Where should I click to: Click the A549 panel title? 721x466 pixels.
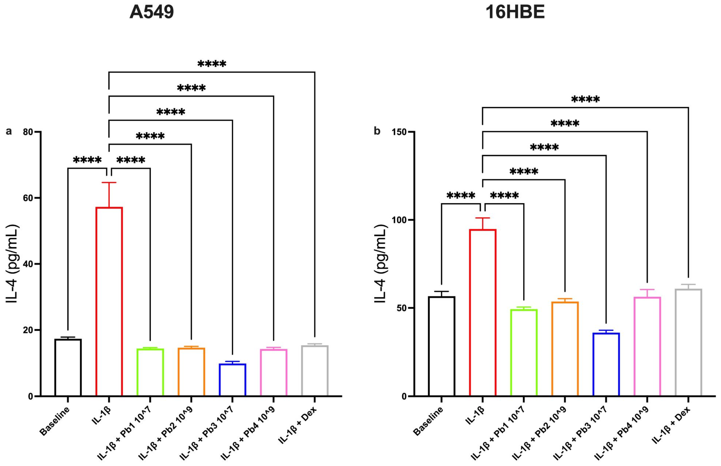click(x=152, y=13)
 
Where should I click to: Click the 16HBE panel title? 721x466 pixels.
click(x=515, y=13)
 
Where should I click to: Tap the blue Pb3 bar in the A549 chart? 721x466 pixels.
click(x=232, y=379)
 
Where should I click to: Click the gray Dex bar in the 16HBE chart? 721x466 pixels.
click(x=688, y=342)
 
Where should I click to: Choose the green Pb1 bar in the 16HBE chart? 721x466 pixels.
click(x=524, y=353)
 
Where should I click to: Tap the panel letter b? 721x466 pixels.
click(x=377, y=131)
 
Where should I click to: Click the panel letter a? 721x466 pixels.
click(x=9, y=131)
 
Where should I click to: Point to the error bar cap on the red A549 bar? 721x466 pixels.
click(x=109, y=183)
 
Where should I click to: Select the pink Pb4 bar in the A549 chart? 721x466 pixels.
click(x=273, y=373)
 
